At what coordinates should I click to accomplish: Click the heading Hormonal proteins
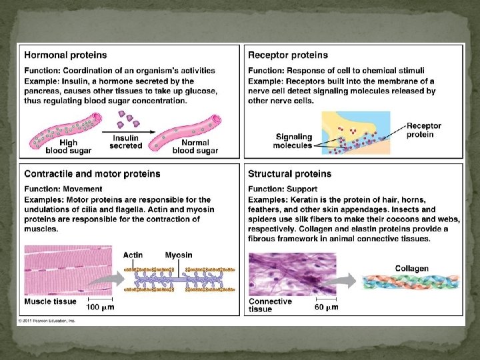tap(65, 55)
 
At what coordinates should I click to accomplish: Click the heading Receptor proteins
tap(287, 55)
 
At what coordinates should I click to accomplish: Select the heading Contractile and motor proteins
tap(92, 174)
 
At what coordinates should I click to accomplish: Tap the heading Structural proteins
tap(289, 174)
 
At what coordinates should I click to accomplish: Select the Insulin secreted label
tap(127, 141)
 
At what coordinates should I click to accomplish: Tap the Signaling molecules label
tap(293, 141)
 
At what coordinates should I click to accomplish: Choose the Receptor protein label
tap(424, 130)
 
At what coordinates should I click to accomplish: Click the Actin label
tap(133, 255)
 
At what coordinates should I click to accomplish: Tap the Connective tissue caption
tap(270, 305)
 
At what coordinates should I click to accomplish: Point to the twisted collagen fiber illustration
tap(411, 282)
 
